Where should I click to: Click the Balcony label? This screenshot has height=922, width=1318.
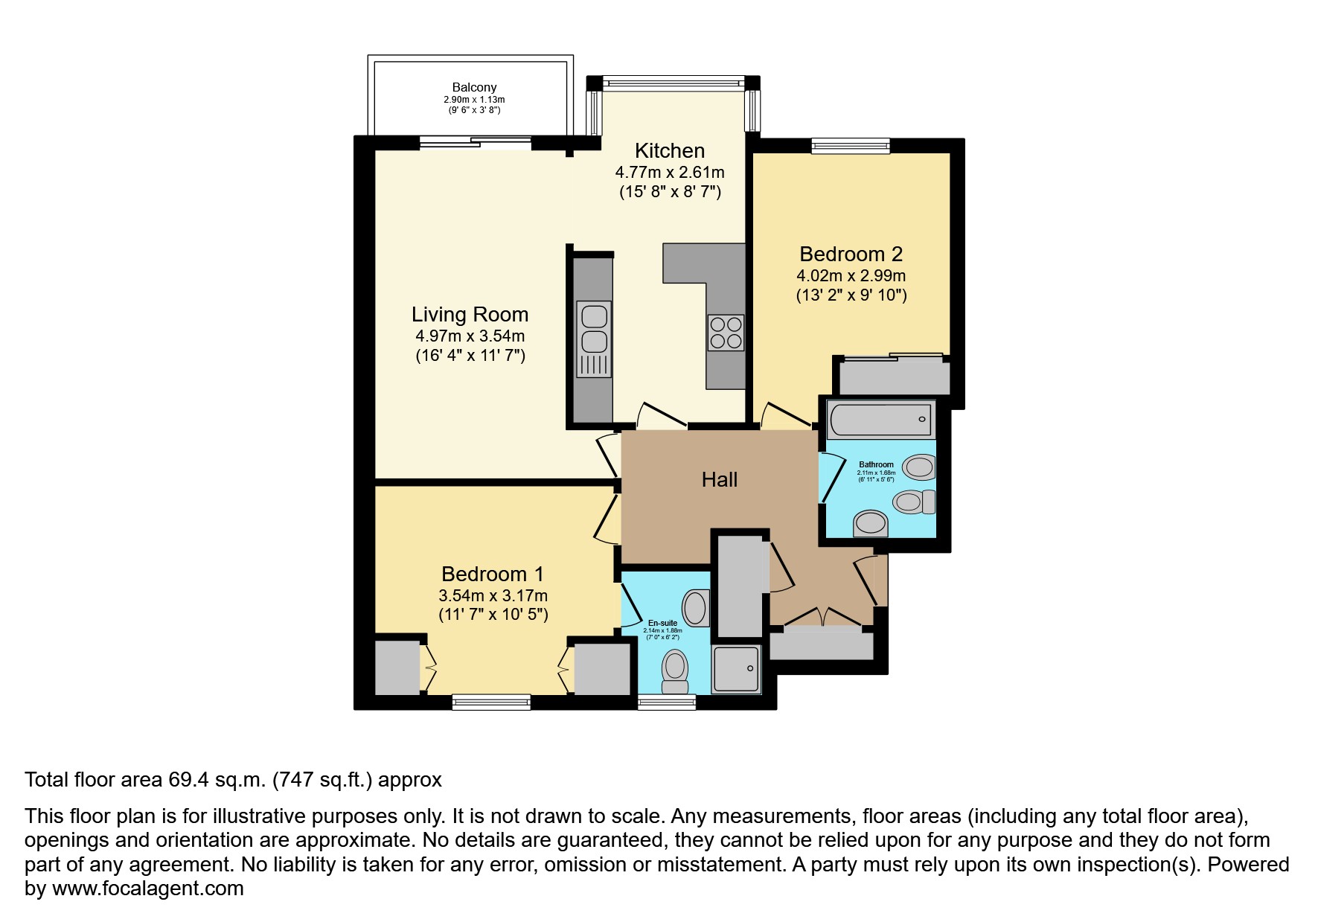[474, 88]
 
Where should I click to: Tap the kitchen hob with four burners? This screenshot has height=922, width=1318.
[726, 333]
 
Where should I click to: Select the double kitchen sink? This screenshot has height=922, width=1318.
[594, 330]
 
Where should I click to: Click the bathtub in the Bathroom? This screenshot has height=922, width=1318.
[880, 420]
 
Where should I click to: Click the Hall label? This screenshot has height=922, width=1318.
[719, 480]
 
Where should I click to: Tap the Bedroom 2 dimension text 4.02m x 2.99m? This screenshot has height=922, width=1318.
[851, 275]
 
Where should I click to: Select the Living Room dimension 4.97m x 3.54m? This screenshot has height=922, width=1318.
[470, 336]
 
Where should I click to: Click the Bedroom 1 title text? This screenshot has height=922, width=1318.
[492, 574]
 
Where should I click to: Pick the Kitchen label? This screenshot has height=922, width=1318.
[669, 151]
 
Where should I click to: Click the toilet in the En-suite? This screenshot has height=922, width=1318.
[676, 670]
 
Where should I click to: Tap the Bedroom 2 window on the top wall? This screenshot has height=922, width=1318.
[850, 146]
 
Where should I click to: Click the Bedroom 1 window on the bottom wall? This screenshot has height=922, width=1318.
[490, 701]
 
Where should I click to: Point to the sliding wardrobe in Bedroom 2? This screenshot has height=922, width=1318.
[894, 376]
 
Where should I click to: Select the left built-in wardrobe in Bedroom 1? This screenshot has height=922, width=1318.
[397, 667]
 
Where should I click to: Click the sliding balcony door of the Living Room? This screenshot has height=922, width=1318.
[475, 144]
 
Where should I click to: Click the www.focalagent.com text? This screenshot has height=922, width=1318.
[147, 889]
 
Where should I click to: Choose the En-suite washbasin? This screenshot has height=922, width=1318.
[695, 608]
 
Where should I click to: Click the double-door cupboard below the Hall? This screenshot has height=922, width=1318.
[821, 644]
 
